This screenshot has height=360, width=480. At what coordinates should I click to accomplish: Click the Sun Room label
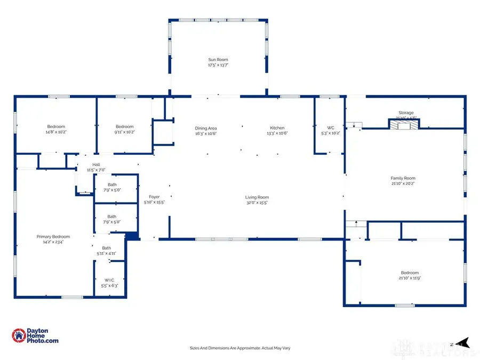(x=218, y=60)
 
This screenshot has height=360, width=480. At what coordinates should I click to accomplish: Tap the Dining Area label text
(x=206, y=128)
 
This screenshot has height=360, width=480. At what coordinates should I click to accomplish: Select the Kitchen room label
(x=277, y=128)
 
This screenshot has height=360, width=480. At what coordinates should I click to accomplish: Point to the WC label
(x=330, y=128)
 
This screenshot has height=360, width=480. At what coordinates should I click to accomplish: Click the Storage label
(x=406, y=113)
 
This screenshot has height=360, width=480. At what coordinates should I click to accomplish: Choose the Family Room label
(x=403, y=178)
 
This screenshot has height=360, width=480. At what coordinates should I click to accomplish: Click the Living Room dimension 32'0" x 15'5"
(x=257, y=203)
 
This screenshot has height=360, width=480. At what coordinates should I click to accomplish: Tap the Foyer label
(x=154, y=197)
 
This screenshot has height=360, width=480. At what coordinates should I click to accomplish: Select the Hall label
(x=96, y=165)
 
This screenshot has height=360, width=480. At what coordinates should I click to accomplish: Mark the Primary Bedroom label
(x=53, y=236)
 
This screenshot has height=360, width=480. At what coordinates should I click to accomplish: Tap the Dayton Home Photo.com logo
(x=35, y=335)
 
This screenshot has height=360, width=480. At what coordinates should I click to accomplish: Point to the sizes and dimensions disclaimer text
(x=239, y=348)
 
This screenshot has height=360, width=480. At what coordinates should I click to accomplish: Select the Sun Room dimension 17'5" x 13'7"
(x=218, y=65)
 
